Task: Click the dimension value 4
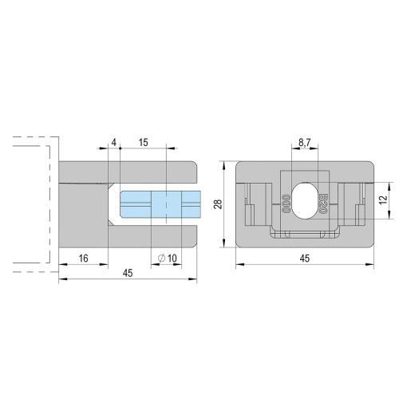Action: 114,143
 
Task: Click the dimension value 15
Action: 143,143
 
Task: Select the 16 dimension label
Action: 84,259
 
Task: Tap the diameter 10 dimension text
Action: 168,259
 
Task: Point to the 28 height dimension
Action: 219,204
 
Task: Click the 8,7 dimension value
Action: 305,143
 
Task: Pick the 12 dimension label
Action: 383,200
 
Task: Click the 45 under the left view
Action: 128,273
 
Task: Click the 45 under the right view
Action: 305,259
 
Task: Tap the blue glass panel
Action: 160,204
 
